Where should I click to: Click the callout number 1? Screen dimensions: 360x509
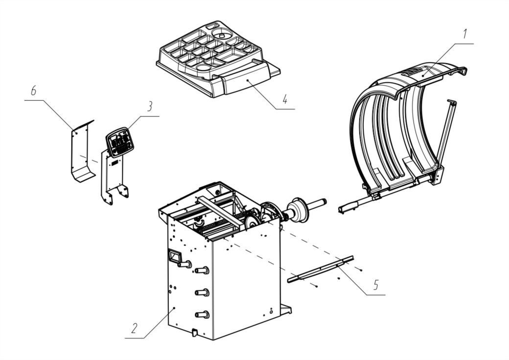tap(465, 35)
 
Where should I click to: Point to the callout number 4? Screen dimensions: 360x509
tap(284, 100)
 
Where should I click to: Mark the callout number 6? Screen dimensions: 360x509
tap(33, 91)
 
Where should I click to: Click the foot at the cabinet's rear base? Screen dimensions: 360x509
tap(285, 309)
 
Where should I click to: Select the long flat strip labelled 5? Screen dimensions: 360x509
tap(321, 269)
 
